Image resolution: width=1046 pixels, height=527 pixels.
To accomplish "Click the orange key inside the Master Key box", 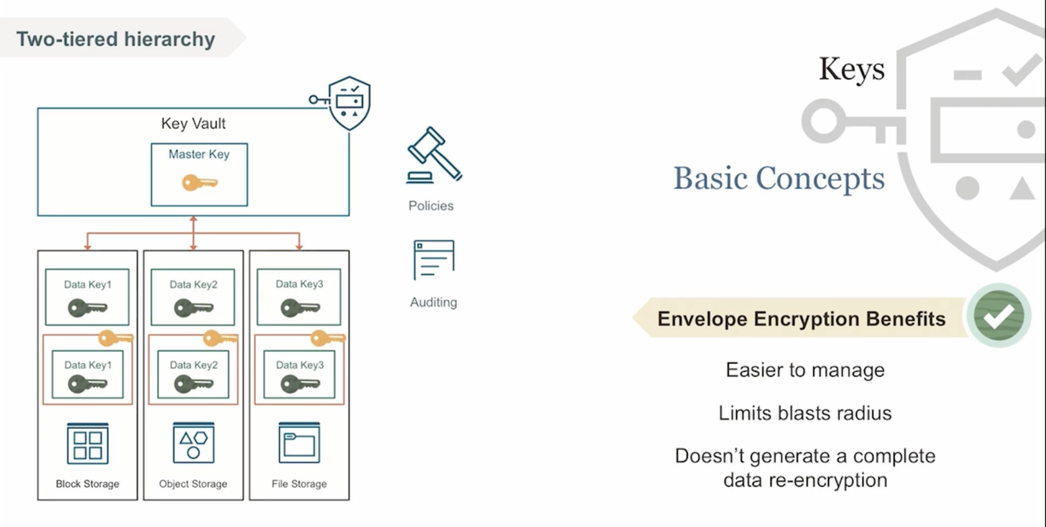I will [x=199, y=182].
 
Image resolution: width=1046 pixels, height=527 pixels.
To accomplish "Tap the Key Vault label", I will [x=193, y=123].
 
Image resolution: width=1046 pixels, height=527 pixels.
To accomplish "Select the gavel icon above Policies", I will [x=433, y=155].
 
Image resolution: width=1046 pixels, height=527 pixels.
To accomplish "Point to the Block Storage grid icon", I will [x=87, y=444].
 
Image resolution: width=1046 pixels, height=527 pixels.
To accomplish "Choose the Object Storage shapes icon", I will [x=193, y=443].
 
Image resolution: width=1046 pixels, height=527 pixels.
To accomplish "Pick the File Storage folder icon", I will [x=299, y=443].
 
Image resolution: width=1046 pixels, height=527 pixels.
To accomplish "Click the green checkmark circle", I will [x=998, y=316].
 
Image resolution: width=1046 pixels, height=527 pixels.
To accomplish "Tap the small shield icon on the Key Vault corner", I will [x=349, y=103].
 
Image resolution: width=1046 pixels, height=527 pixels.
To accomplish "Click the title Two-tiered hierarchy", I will [x=116, y=39].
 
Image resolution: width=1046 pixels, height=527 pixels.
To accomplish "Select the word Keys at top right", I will [x=852, y=69].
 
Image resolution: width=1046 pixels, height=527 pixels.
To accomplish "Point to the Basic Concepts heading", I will [x=779, y=178].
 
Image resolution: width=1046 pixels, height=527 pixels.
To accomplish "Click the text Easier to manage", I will [x=805, y=370].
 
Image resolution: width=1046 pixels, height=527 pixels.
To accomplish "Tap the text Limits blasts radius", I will [x=805, y=413].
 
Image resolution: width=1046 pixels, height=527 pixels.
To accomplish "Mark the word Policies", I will [x=431, y=206].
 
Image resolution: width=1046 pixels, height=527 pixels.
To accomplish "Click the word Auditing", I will [x=433, y=302].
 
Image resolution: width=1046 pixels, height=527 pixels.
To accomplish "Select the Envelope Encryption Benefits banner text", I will [x=801, y=319].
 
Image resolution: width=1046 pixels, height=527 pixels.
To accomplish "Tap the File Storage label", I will [x=299, y=484].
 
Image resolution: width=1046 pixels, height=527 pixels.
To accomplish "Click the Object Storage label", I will [x=193, y=484].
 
